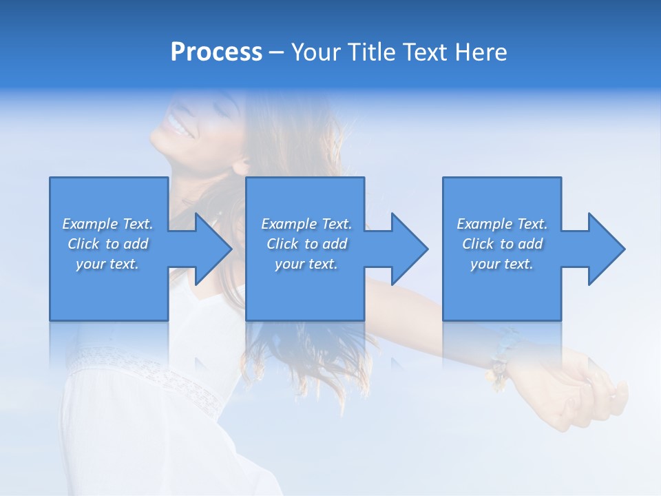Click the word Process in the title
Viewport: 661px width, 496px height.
pos(216,52)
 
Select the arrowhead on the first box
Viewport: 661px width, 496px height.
pos(211,249)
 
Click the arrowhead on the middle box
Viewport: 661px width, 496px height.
pos(408,249)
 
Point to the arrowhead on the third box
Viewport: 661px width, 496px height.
pos(605,249)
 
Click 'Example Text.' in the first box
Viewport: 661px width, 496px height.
pos(108,224)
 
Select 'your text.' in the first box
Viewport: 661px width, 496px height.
pos(108,264)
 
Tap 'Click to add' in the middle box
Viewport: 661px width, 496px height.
pos(306,244)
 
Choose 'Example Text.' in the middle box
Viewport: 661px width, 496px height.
pos(306,224)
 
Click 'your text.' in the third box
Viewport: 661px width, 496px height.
pos(502,264)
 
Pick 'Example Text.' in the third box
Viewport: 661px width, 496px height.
pos(502,224)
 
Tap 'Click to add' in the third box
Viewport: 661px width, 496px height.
pos(502,244)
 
